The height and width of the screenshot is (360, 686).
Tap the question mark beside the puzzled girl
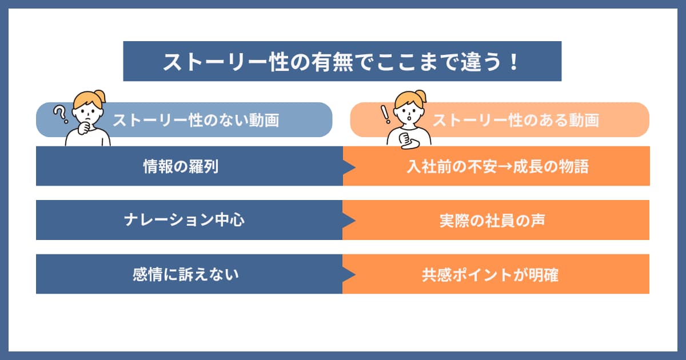[61, 114]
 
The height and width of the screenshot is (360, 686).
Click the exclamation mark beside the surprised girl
[385, 114]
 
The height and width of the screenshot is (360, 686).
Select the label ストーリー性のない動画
[196, 120]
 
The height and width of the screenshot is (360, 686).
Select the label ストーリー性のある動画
[516, 120]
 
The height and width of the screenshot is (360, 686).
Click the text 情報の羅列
[181, 166]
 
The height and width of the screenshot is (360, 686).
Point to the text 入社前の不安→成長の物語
[498, 166]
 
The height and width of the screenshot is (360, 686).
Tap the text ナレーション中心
[184, 220]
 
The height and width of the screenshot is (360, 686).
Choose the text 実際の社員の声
[492, 221]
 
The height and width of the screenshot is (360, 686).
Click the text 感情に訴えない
[186, 274]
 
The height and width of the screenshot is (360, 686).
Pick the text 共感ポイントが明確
[490, 275]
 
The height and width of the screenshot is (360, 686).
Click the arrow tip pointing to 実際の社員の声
[355, 220]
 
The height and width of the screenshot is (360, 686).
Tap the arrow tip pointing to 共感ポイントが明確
[355, 274]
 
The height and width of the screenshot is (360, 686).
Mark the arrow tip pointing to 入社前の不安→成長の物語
[355, 167]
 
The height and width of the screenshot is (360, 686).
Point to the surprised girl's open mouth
[409, 118]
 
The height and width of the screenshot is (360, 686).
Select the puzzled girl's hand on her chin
[84, 129]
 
